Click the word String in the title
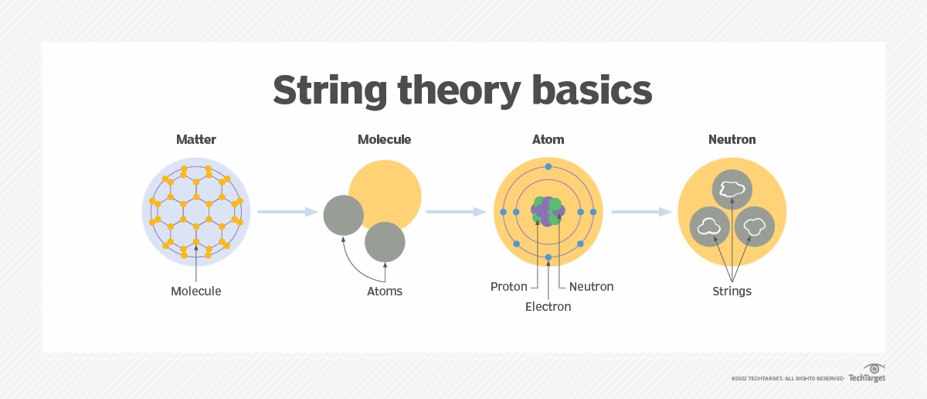(330, 91)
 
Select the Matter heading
(196, 140)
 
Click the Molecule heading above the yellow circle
(385, 140)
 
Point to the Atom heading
(548, 140)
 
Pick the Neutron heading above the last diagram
(732, 140)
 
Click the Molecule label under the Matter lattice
(196, 292)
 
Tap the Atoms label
(385, 292)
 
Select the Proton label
(508, 287)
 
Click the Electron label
(548, 307)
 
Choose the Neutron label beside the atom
(592, 287)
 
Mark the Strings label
(732, 292)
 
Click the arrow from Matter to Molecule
(288, 212)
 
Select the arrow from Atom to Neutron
(642, 212)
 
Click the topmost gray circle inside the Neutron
(732, 189)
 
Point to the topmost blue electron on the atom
(548, 166)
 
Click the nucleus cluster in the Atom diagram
(548, 211)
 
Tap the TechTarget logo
(867, 373)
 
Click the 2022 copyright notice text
(787, 379)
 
